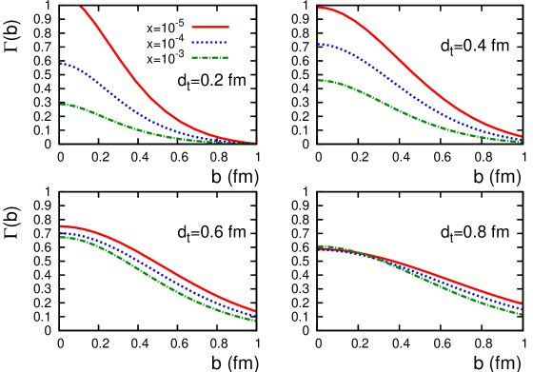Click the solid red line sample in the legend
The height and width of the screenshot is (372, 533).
[209, 27]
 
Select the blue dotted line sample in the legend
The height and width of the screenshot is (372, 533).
[209, 42]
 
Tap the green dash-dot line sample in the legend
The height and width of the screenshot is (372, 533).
[209, 57]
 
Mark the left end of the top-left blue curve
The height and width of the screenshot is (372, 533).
[61, 64]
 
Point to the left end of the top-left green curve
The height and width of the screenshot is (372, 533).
[61, 104]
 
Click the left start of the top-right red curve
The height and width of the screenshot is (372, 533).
[319, 8]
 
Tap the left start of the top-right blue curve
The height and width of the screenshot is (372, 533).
[319, 44]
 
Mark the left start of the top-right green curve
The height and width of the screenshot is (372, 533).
[319, 80]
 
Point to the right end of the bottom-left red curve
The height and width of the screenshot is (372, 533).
[255, 310]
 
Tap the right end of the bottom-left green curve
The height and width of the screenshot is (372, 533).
[255, 321]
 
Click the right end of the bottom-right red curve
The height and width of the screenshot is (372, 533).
[521, 303]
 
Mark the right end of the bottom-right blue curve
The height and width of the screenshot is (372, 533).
[521, 308]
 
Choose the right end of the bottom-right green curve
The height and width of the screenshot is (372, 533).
[521, 314]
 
